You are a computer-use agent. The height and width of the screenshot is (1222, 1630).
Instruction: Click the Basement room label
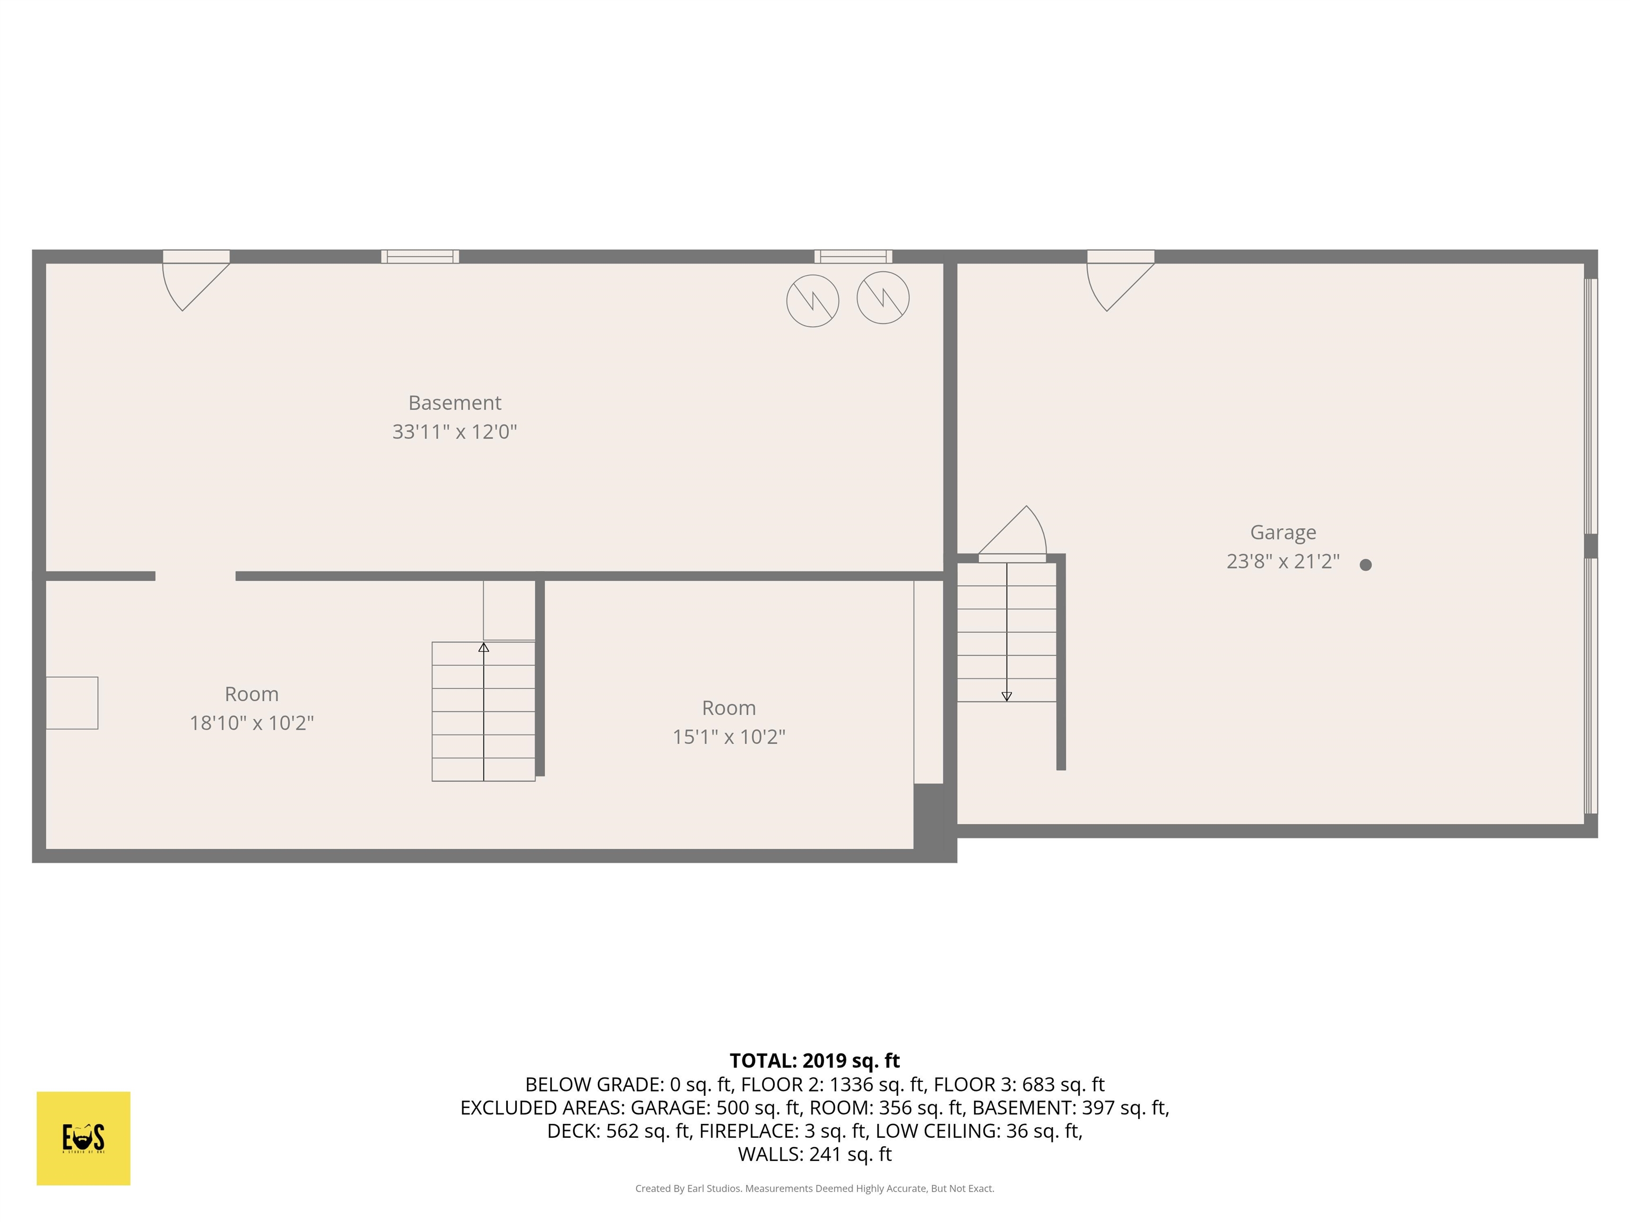[x=455, y=403]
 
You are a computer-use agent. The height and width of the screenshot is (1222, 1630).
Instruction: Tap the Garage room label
[x=1283, y=533]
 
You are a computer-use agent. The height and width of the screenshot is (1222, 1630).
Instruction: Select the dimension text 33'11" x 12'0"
[x=455, y=432]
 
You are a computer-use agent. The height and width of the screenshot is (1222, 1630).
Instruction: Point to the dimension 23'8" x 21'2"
[x=1283, y=561]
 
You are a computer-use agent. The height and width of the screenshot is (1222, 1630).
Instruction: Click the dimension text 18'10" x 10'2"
[x=252, y=722]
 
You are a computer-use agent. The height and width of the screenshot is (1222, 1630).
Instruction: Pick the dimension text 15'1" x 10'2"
[x=729, y=737]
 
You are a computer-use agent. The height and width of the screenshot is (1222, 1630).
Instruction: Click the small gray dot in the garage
[x=1365, y=565]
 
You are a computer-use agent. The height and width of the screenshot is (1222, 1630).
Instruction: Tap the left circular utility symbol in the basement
[x=813, y=301]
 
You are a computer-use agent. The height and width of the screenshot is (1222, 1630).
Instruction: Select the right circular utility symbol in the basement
[x=883, y=298]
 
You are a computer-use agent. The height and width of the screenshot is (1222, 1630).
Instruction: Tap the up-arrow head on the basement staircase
[x=483, y=648]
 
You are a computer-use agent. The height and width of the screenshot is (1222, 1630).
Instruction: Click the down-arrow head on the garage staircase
[x=1007, y=696]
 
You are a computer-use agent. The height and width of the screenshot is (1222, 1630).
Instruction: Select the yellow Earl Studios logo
[x=83, y=1138]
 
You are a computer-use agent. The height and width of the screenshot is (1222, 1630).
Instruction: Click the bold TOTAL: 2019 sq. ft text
[x=814, y=1061]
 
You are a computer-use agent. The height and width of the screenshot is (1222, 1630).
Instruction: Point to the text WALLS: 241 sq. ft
[x=814, y=1154]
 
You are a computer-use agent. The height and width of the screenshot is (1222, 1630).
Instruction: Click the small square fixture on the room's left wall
[x=72, y=703]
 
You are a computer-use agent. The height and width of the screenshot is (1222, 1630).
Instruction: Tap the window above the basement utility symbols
[x=853, y=256]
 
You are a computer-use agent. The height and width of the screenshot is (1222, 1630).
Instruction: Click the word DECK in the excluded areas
[x=573, y=1131]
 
